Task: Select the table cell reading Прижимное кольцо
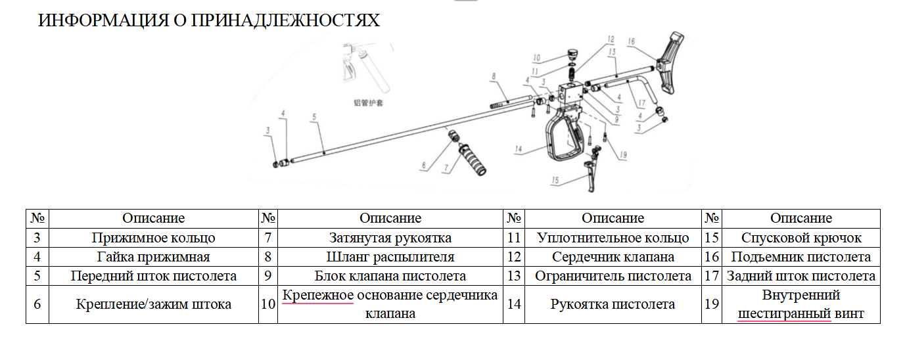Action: click(x=154, y=238)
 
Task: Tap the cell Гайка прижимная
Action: click(x=154, y=257)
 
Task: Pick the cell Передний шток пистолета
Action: click(x=154, y=276)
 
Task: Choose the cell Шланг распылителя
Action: click(x=390, y=257)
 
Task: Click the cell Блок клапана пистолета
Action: click(x=390, y=276)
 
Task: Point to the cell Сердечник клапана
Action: click(x=613, y=257)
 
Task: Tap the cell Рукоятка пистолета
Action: click(x=613, y=304)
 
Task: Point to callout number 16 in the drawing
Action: click(x=631, y=41)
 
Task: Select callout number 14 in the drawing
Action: click(x=519, y=150)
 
